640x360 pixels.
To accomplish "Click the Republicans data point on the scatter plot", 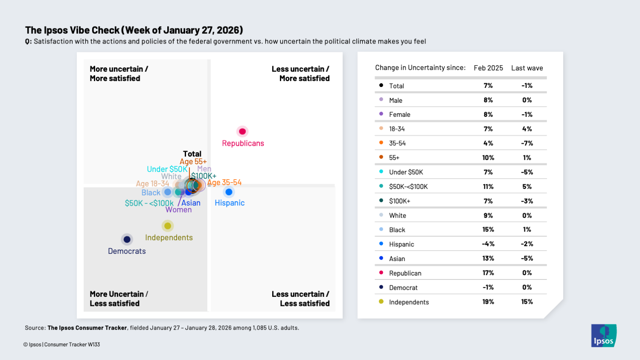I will (x=242, y=131).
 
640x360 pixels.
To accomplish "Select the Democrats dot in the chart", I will (x=127, y=239).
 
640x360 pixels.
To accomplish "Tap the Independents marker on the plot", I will (x=168, y=226).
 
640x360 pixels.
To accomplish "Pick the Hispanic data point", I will (x=229, y=192).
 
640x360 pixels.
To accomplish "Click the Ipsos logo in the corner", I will (x=604, y=336).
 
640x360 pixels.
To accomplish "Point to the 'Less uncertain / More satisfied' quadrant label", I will (x=300, y=73).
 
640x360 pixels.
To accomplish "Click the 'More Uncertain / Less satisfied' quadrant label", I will (x=119, y=299).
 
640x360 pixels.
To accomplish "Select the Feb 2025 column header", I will (x=488, y=68).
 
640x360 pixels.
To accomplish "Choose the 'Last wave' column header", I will (x=527, y=68).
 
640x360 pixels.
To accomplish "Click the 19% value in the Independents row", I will (x=488, y=302).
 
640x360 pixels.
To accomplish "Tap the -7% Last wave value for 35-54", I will (x=527, y=143).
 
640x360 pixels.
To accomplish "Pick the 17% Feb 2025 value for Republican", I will (x=488, y=273).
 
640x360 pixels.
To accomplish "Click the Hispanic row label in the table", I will (x=401, y=244).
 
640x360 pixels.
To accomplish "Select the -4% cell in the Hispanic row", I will (x=488, y=244).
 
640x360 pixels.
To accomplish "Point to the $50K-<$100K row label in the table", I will (x=408, y=187).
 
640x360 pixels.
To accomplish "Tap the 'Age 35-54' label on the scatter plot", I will (x=224, y=183).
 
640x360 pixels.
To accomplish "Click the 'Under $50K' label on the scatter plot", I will (x=167, y=169).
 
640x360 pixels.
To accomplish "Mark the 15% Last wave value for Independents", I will (x=527, y=302).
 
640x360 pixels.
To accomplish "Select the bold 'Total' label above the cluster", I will (x=192, y=154).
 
